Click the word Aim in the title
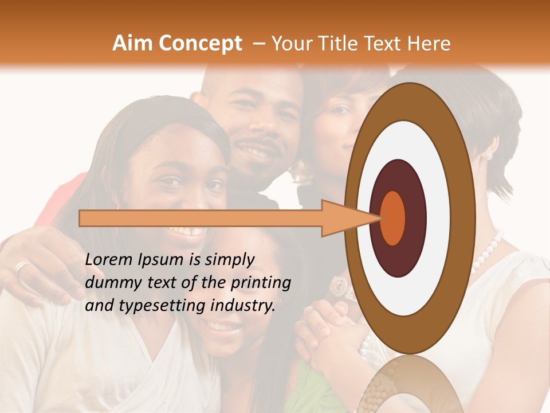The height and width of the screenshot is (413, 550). pos(133,44)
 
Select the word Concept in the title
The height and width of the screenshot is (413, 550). pos(200,44)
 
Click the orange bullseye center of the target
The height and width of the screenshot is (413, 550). pos(393,217)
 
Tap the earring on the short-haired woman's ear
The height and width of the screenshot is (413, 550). pos(489,155)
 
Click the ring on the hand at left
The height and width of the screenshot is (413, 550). pos(22,266)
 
